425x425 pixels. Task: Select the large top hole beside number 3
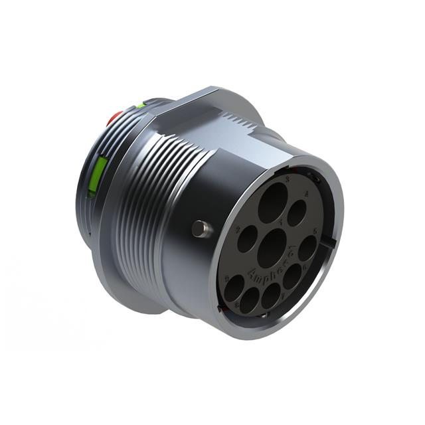(273, 204)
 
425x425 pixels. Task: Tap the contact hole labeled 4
(296, 213)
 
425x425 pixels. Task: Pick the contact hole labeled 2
(247, 238)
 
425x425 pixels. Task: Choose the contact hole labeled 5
(307, 248)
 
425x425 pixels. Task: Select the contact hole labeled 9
(234, 288)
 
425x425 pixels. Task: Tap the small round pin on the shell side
(200, 229)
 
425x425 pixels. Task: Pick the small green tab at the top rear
(141, 105)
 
